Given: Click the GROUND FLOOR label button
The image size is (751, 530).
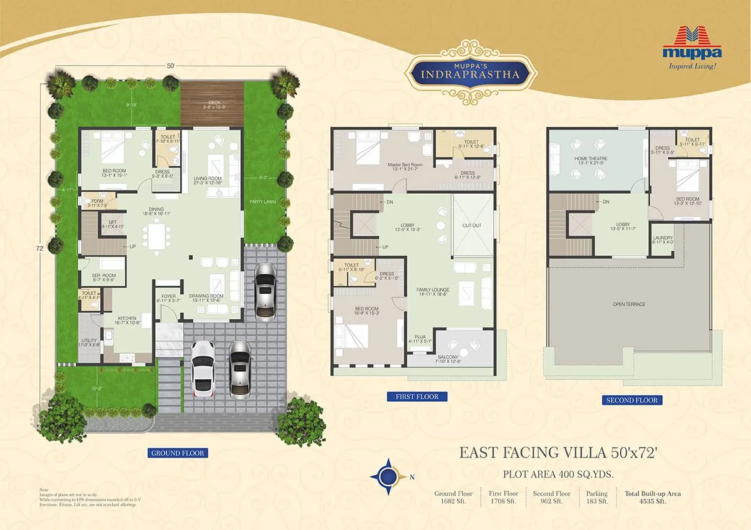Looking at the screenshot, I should [x=178, y=452].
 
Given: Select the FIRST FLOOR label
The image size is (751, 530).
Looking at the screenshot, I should [x=417, y=396].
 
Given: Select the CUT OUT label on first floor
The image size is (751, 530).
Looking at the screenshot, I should [x=472, y=225].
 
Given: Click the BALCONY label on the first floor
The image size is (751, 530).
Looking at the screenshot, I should [x=447, y=356].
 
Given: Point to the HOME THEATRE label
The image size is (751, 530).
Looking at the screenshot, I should [x=591, y=159].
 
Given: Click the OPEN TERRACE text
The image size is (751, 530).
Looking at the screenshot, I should [x=630, y=304].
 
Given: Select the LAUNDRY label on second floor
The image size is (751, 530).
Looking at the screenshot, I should [x=663, y=239].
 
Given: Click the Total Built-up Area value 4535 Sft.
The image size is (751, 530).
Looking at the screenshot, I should [x=653, y=501].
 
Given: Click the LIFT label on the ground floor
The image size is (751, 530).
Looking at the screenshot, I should [x=113, y=222].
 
